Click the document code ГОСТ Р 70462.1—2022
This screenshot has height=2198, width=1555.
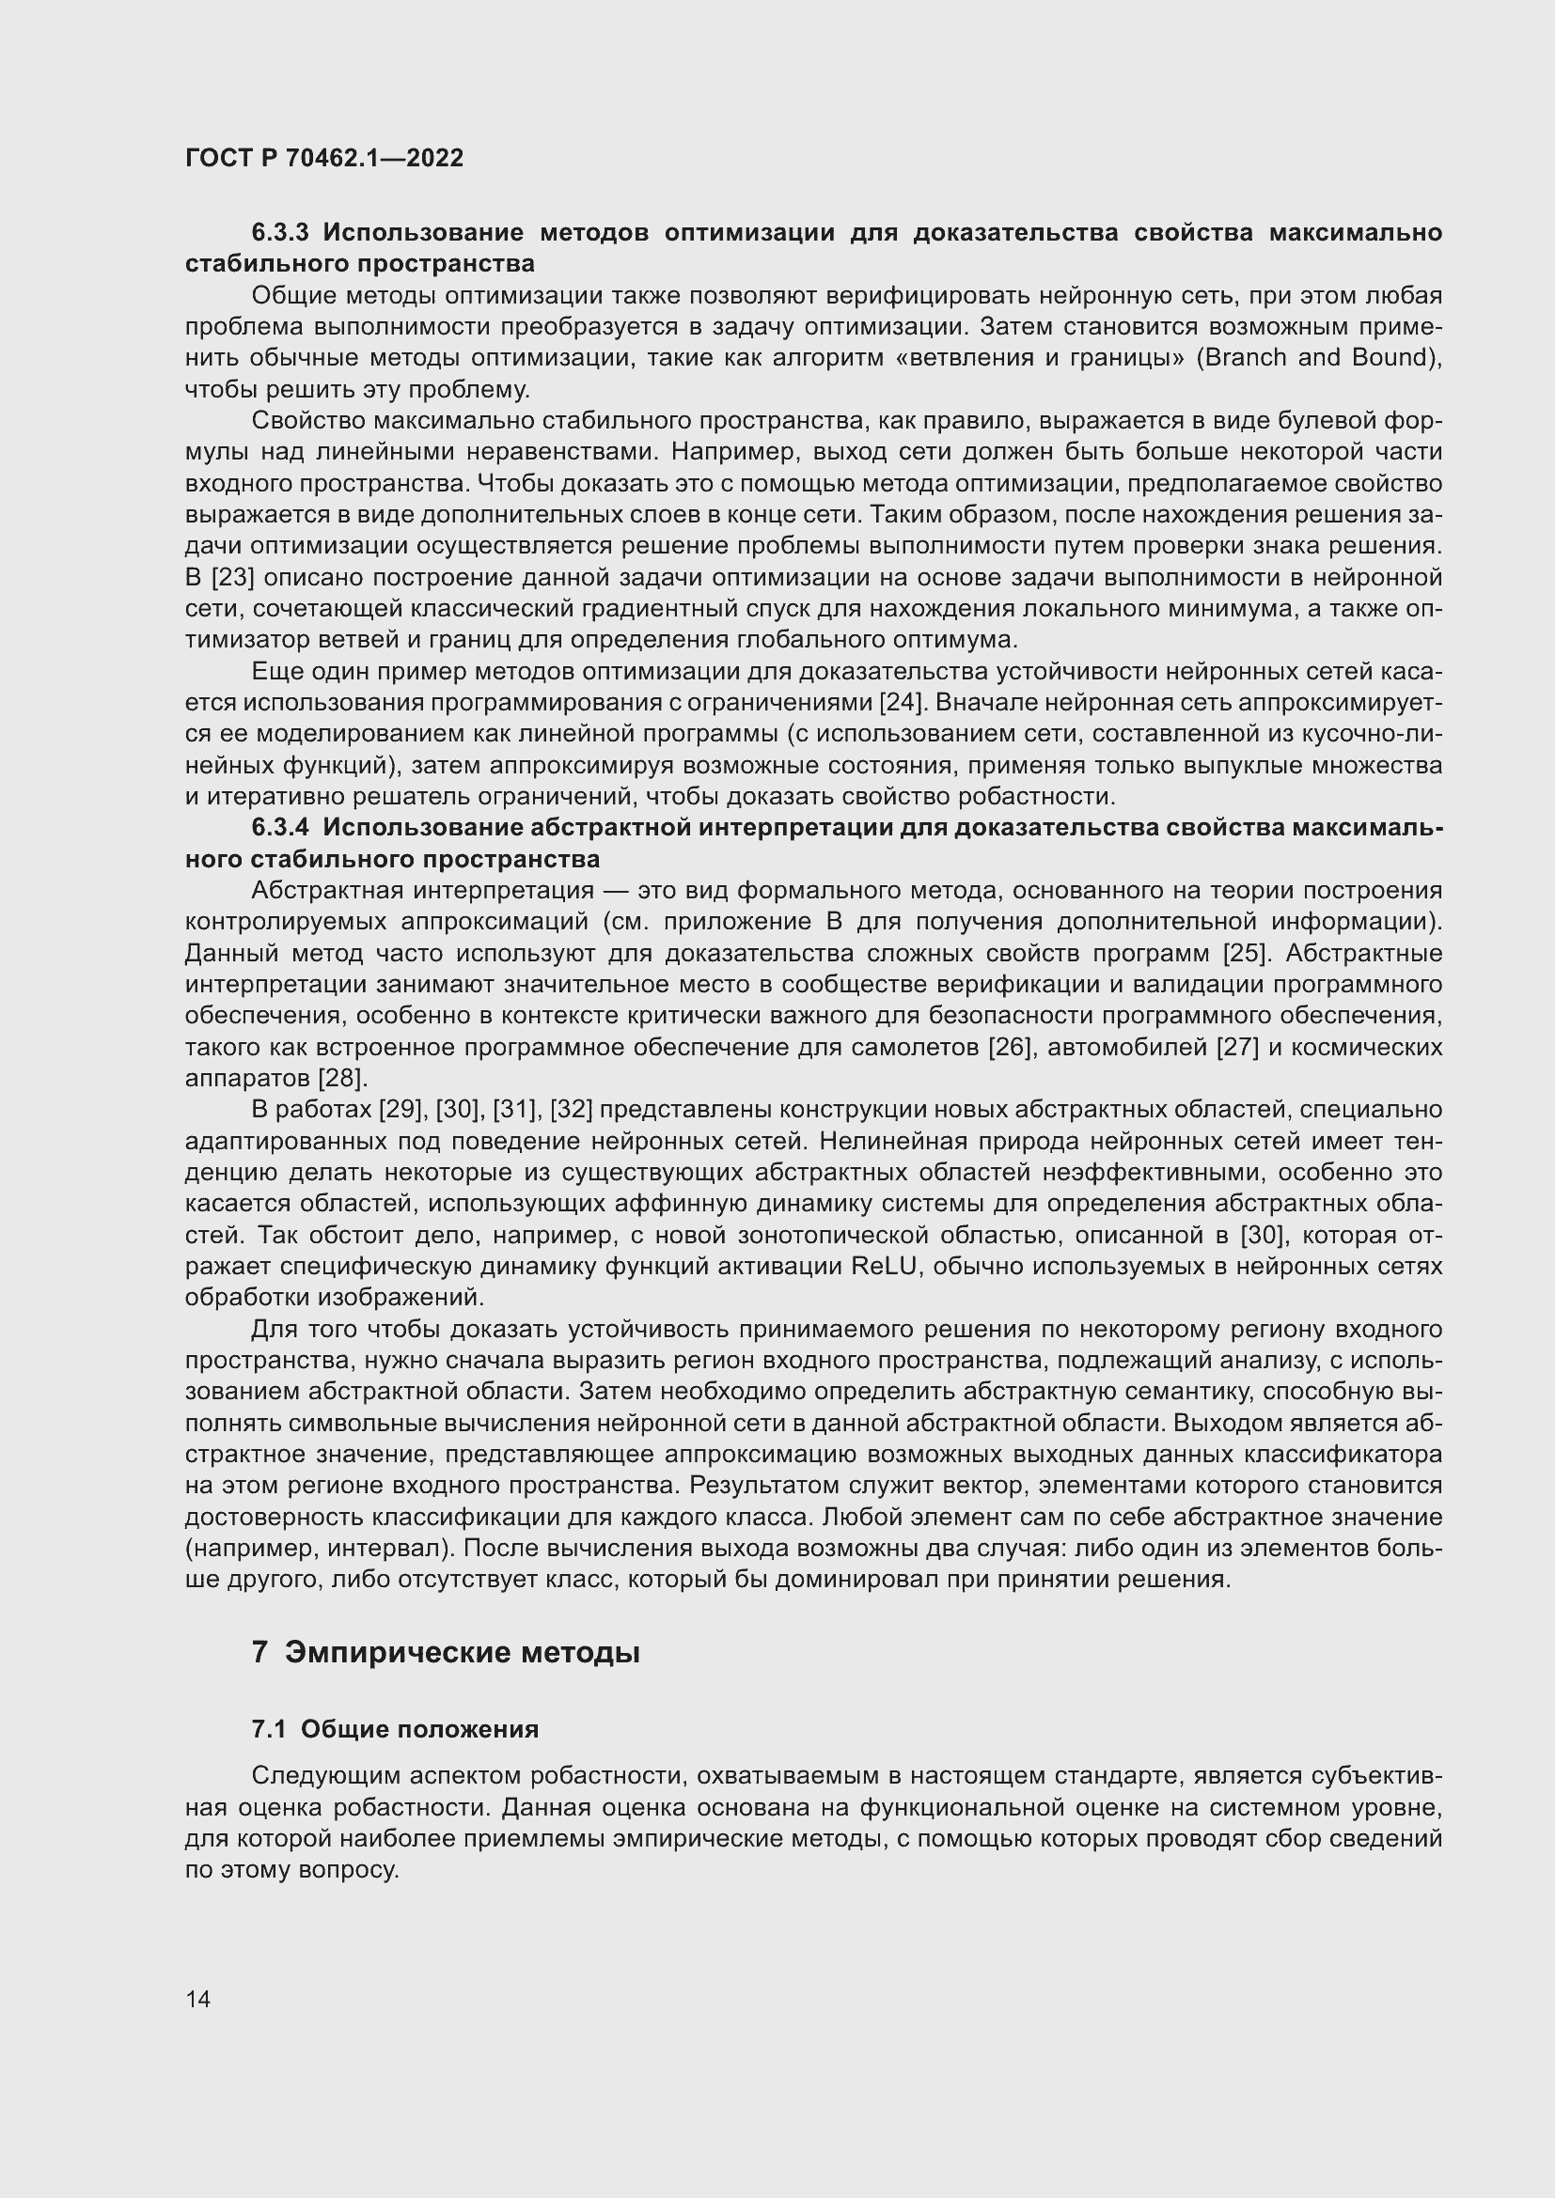pos(323,158)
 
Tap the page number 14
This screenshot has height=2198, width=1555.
pos(198,1999)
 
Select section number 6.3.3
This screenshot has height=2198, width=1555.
pos(279,233)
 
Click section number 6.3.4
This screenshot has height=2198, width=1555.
pos(279,828)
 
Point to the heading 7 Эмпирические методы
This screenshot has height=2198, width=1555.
pos(446,1653)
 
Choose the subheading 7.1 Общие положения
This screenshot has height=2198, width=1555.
pos(395,1729)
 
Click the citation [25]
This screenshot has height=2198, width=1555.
pos(1249,954)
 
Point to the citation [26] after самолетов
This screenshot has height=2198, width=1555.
pos(1012,1047)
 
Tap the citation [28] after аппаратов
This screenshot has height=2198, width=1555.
pos(342,1079)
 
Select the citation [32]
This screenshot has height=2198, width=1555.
pos(571,1111)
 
